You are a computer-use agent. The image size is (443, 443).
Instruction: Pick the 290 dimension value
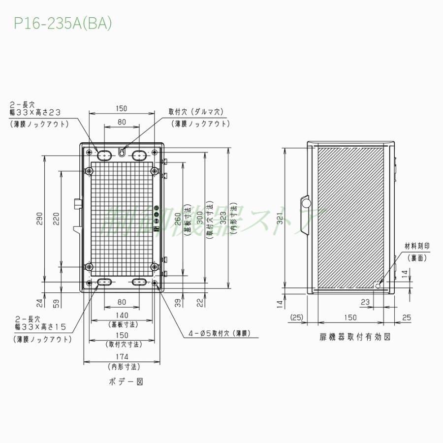[x=40, y=219]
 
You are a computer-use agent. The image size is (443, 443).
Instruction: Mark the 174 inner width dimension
[x=122, y=356]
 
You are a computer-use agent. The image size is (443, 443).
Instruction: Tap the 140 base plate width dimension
[x=122, y=315]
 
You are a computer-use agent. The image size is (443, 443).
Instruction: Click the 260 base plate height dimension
[x=178, y=214]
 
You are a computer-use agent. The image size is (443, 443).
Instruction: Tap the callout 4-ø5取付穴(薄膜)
[x=219, y=333]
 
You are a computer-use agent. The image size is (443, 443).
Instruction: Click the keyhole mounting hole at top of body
[x=122, y=151]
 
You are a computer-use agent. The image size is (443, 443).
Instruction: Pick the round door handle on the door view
[x=305, y=203]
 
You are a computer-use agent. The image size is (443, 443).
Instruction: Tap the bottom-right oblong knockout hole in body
[x=139, y=282]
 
